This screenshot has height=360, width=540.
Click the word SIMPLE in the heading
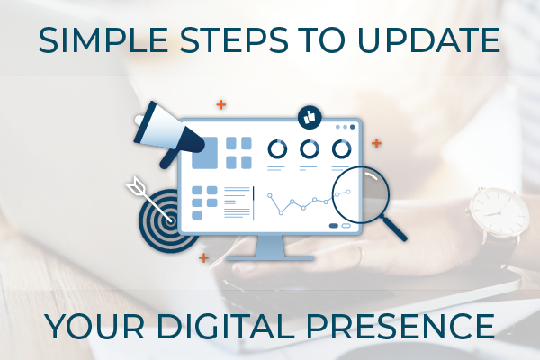coord(103,40)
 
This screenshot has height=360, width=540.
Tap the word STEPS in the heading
coord(234,40)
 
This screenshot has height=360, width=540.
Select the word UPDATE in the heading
coord(428,40)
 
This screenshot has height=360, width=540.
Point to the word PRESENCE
coord(400,326)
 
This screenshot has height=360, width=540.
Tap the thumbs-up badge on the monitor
coord(310,118)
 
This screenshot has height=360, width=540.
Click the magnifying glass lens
coord(361,194)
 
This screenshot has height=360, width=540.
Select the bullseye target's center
coord(170,220)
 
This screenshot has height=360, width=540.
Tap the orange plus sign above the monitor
coord(221,104)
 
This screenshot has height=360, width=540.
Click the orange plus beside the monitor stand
coord(203,257)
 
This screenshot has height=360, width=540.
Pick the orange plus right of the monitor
coord(376,143)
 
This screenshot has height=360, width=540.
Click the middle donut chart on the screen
coord(310,149)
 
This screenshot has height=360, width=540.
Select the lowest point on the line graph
coord(281,213)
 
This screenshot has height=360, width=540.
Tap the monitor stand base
coord(270,258)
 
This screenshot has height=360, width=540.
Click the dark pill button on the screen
coord(334,226)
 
